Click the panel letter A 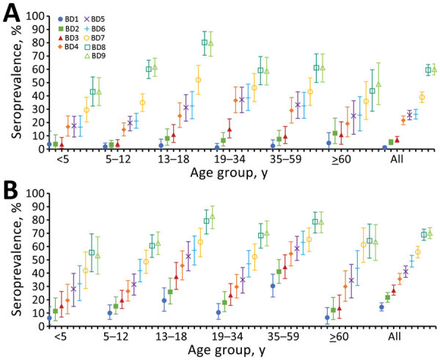coord(12,12)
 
